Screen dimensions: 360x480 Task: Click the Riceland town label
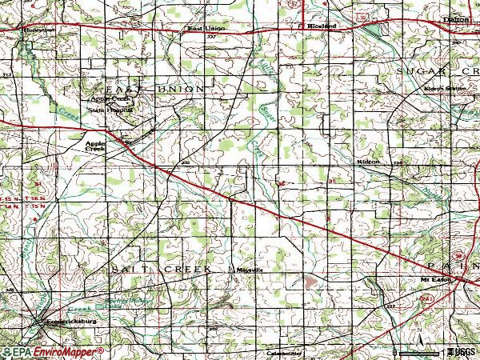(x=321, y=26)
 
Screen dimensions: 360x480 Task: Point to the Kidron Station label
(x=445, y=88)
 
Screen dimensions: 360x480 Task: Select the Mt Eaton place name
(x=432, y=278)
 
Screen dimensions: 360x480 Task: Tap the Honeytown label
(x=37, y=30)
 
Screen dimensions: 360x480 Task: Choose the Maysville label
(x=249, y=270)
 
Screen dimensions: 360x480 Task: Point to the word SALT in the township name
(x=128, y=270)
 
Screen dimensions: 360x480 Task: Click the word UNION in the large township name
(x=181, y=89)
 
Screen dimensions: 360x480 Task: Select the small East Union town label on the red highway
(x=206, y=29)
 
